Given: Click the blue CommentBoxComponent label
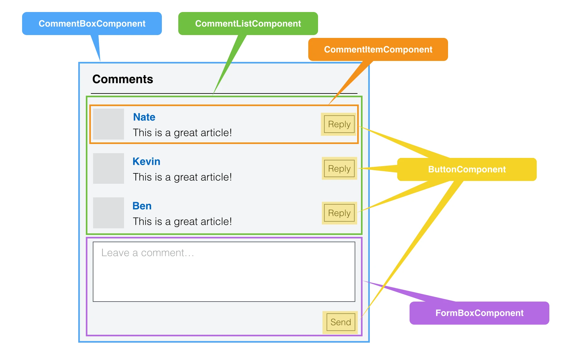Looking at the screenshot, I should [92, 24].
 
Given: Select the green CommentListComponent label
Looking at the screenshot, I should [248, 24].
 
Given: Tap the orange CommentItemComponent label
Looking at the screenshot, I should [378, 50].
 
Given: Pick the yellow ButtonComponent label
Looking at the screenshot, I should [467, 170].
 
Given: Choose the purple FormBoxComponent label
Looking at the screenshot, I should [479, 313].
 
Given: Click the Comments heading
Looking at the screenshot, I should [122, 79].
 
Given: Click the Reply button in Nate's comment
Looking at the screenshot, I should [339, 124].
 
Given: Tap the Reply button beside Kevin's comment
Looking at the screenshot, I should [339, 169].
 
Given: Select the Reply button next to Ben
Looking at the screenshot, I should [339, 213].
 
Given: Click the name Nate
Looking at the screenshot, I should [144, 117].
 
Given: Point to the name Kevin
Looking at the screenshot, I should [146, 162].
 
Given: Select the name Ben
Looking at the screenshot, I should [142, 206].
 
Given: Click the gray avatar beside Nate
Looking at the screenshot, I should [109, 124].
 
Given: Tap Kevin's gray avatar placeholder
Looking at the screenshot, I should [109, 169].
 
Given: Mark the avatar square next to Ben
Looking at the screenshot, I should [109, 213].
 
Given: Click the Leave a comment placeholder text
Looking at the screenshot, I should [148, 253].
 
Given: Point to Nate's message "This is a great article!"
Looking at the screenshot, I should [182, 133].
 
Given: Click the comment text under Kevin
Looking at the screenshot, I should [182, 177].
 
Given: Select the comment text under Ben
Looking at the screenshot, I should [182, 222].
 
